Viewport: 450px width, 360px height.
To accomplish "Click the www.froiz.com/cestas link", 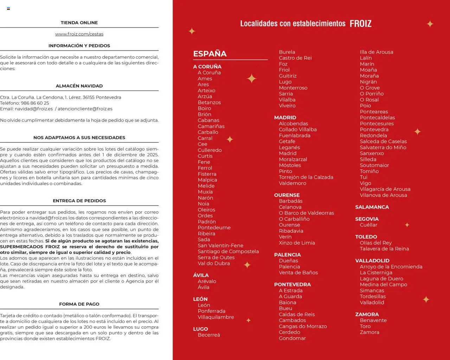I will tap(79, 34).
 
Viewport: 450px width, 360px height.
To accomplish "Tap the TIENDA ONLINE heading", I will tap(79, 22).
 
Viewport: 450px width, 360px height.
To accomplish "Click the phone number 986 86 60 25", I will tap(35, 103).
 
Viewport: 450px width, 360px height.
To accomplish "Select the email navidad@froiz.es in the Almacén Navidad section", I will tap(34, 109).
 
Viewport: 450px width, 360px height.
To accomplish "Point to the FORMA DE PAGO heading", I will tap(79, 304).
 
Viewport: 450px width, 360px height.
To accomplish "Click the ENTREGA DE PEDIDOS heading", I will tap(79, 201).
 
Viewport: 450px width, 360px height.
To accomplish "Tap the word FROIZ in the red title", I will tap(360, 24).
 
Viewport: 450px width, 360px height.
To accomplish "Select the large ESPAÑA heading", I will tap(210, 54).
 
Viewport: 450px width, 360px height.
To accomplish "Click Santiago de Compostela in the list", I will tap(228, 251).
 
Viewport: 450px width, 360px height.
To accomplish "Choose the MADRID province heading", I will tap(285, 118).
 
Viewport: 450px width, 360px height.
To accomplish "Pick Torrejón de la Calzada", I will tap(306, 177).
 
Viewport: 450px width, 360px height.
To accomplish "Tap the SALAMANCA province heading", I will tap(372, 207).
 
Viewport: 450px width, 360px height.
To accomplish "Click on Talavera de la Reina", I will tap(384, 249).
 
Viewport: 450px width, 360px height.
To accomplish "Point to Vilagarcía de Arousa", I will tap(385, 189).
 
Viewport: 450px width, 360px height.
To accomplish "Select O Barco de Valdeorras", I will tap(306, 213).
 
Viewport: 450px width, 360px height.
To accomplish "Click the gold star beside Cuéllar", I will tap(407, 225).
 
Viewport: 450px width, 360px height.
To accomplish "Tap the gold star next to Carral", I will tap(230, 139).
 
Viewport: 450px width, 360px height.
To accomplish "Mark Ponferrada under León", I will tap(211, 311).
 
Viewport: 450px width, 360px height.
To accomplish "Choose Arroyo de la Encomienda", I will tap(391, 267).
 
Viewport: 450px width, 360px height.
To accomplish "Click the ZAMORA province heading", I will tap(367, 314).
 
